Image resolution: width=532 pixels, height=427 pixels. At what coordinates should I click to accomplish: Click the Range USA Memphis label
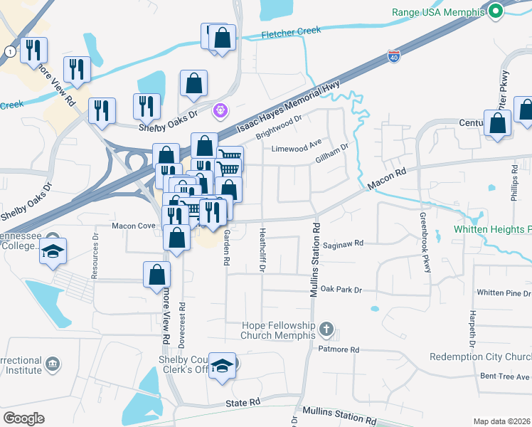point(438,12)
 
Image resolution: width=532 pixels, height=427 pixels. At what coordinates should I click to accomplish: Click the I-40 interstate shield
point(394,54)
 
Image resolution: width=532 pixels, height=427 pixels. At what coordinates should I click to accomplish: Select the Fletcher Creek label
point(291,31)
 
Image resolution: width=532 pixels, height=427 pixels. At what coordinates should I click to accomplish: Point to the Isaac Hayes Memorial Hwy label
point(288,107)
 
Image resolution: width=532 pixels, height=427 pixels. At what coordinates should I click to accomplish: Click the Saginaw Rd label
point(343,243)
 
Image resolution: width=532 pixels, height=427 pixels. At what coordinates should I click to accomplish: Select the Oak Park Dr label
point(341,290)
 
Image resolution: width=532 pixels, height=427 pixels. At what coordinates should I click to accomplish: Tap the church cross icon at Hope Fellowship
point(326,329)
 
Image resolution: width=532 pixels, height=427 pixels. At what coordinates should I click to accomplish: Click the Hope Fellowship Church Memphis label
point(277,330)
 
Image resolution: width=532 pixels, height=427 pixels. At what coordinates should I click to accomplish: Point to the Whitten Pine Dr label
point(504,293)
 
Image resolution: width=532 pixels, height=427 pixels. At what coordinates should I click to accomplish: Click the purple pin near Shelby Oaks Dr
point(220,110)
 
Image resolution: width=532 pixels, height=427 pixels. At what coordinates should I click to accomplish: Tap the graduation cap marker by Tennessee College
point(52,253)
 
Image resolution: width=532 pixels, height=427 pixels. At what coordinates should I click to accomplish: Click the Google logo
point(23,418)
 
